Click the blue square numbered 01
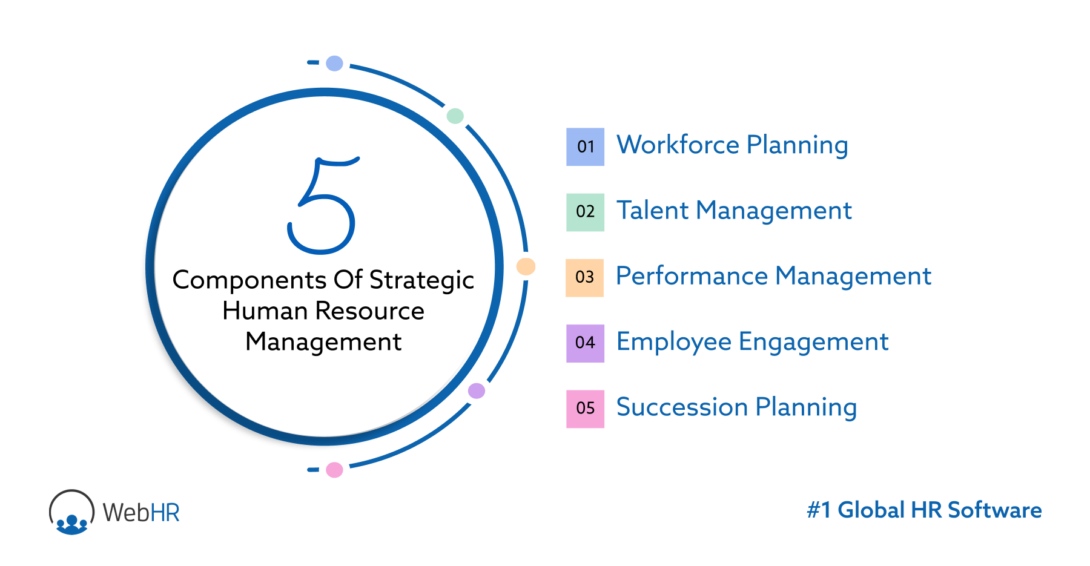(585, 146)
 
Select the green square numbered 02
(585, 212)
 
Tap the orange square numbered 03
(584, 277)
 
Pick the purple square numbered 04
(585, 343)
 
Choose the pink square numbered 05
(585, 409)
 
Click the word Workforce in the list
(678, 145)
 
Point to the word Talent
(652, 211)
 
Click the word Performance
(692, 276)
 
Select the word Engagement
(813, 342)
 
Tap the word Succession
(682, 407)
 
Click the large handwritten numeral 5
(322, 206)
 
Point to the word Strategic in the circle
(421, 280)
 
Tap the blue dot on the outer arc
(334, 63)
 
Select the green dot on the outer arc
(455, 116)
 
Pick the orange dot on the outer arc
(526, 266)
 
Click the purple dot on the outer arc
(477, 391)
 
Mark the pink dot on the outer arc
(334, 470)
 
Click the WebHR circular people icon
(71, 512)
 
